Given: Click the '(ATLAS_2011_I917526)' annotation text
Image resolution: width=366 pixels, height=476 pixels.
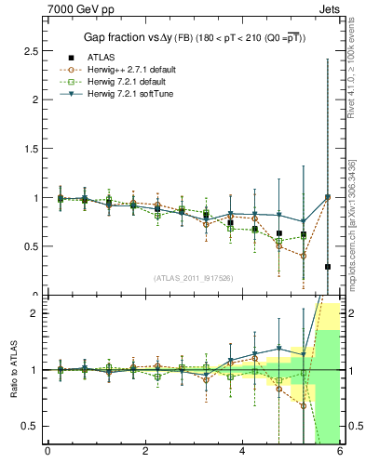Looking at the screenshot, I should point(192,278).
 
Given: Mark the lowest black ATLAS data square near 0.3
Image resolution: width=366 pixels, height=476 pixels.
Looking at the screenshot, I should point(328,267).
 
